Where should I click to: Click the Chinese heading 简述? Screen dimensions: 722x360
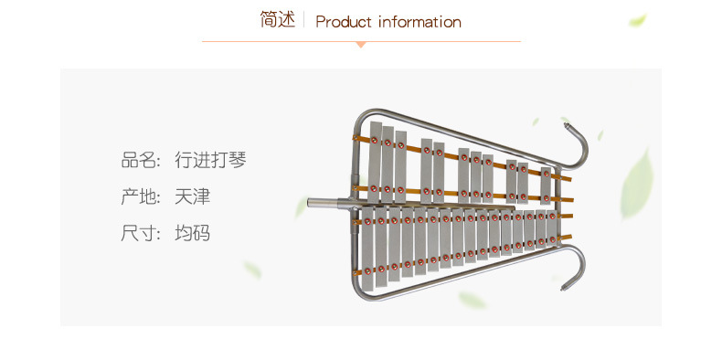point(277,19)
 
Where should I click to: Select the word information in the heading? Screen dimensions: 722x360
point(419,21)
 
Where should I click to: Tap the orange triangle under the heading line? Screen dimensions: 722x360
point(361,45)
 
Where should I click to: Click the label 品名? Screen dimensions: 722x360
point(141,161)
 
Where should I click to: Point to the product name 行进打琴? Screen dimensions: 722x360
point(211,160)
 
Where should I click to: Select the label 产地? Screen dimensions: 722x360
point(141,197)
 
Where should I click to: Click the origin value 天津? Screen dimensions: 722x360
point(193,197)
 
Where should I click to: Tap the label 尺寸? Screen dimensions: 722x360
point(141,233)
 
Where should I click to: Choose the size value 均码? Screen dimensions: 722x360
point(193,233)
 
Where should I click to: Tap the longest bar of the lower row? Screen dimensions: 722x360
point(367,249)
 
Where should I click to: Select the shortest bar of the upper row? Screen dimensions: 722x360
point(546,185)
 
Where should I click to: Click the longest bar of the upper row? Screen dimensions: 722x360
point(375,162)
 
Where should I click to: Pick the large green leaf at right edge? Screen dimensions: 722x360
point(637,184)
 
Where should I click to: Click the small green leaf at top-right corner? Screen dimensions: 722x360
point(638,20)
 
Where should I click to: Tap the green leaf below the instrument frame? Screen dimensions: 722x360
point(472,301)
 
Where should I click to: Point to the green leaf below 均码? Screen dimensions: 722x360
point(252,270)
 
